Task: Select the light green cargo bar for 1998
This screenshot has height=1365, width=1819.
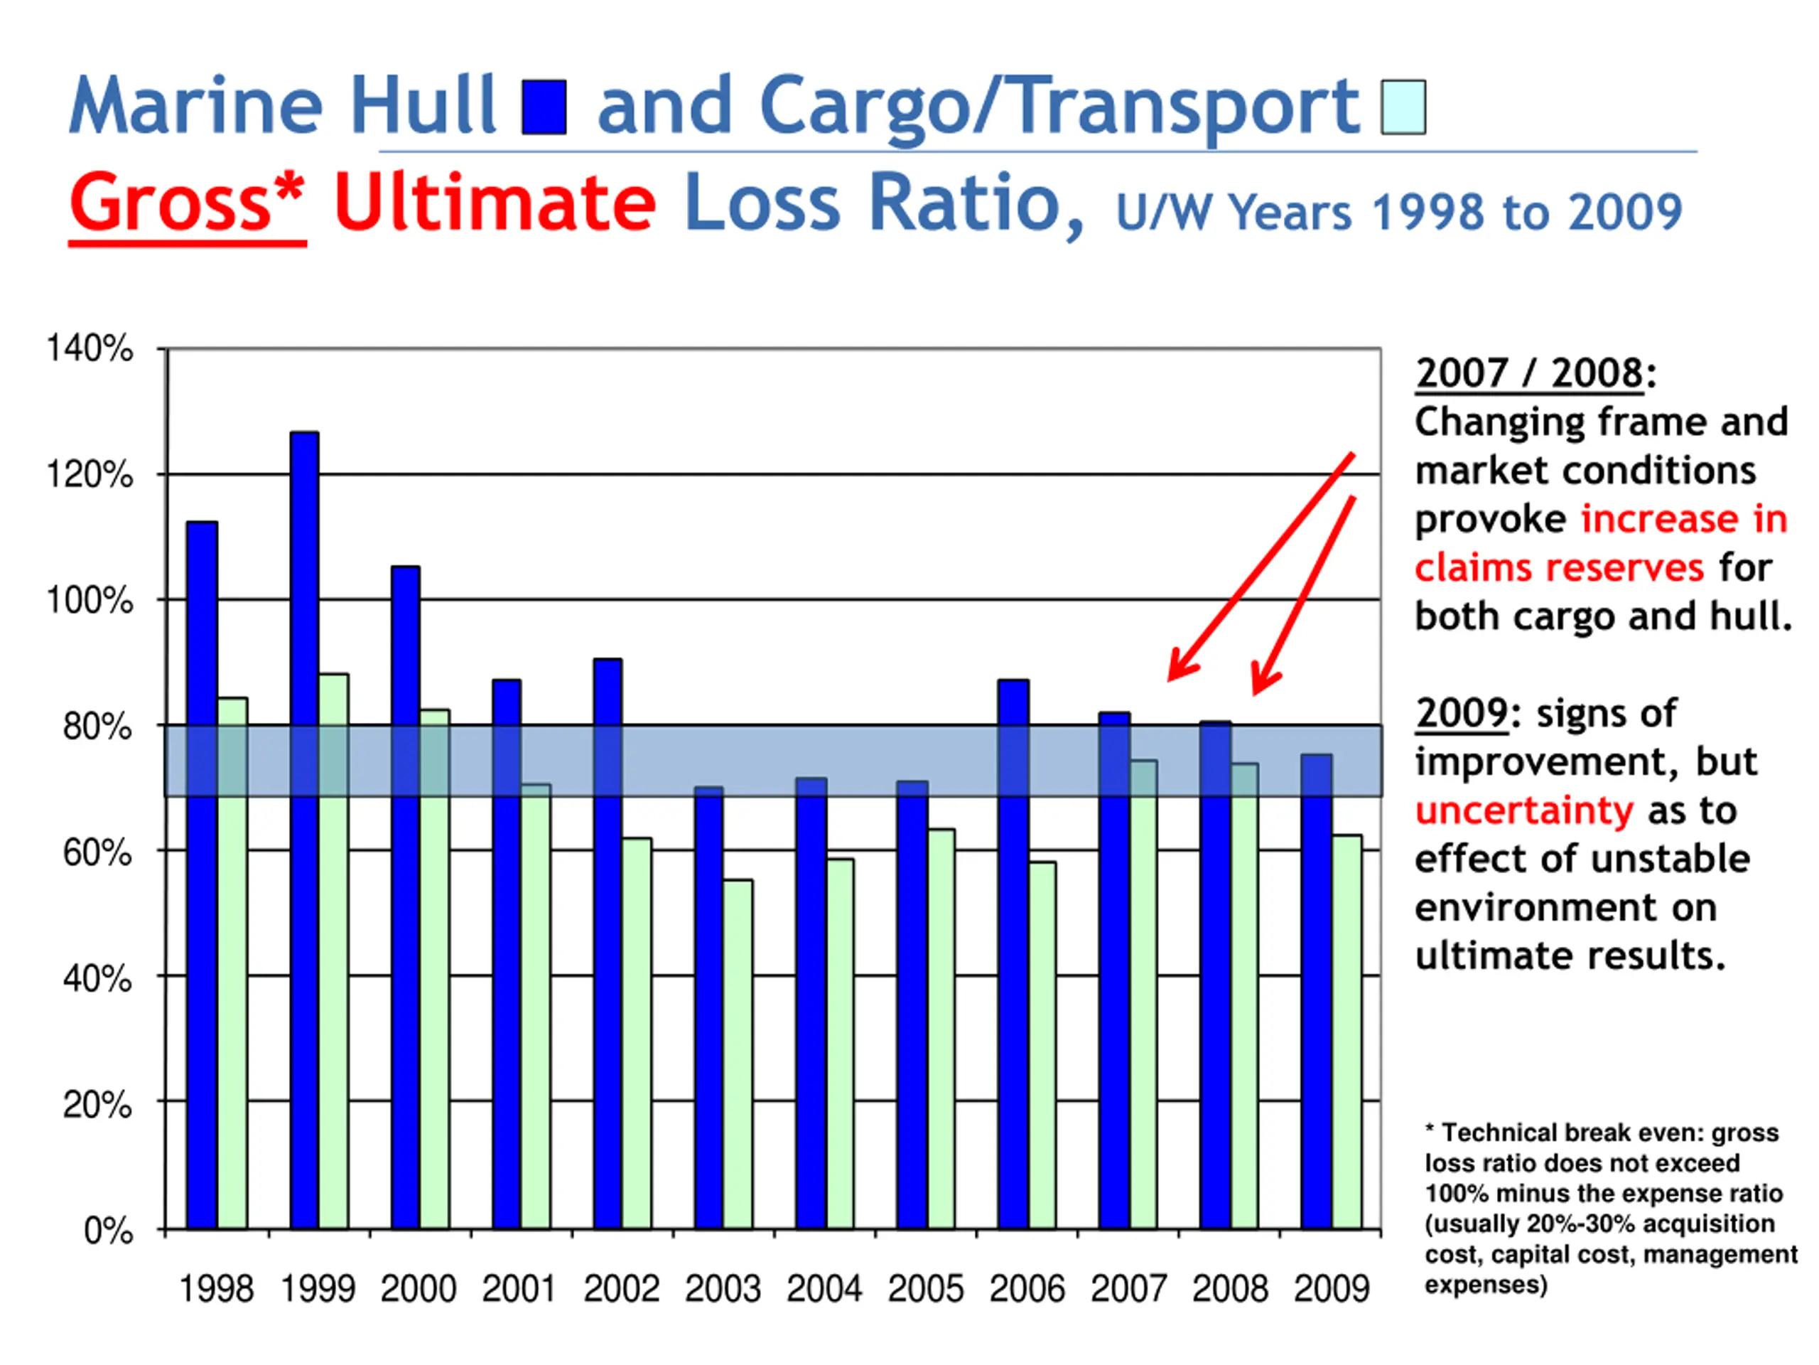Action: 232,963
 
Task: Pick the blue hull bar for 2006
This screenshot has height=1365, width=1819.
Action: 1013,954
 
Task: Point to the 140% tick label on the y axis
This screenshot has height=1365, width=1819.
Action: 89,349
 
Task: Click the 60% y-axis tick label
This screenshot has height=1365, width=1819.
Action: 97,852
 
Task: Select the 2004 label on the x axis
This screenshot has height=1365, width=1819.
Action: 824,1288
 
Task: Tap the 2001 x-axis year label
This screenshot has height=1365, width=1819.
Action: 519,1288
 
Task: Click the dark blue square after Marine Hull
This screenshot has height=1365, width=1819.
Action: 544,107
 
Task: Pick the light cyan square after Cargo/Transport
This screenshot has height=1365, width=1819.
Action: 1403,107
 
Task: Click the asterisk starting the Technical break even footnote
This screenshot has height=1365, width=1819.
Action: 1430,1130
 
